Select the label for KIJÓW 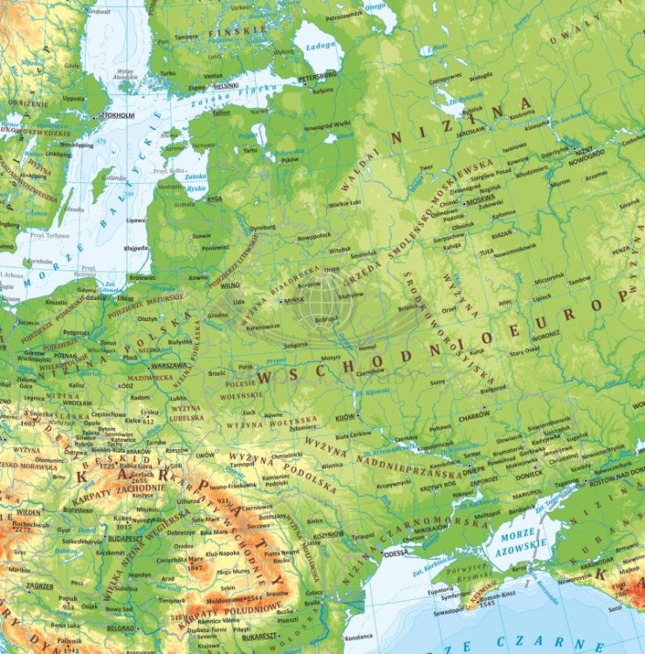pyautogui.click(x=346, y=418)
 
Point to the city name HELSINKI pyautogui.click(x=226, y=86)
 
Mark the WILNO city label pyautogui.click(x=230, y=284)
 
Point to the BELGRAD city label pyautogui.click(x=120, y=627)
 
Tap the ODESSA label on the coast pyautogui.click(x=395, y=552)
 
